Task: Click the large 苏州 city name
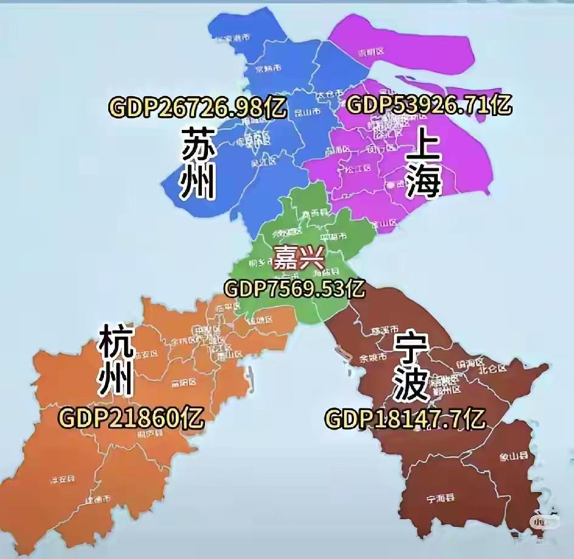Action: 199,162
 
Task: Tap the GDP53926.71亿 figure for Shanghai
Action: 429,105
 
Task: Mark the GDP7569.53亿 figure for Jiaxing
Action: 295,288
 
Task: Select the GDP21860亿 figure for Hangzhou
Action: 131,417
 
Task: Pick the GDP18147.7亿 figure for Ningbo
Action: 406,419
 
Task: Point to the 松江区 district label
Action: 358,168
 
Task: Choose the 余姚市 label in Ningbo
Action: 373,358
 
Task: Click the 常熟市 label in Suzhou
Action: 268,67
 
